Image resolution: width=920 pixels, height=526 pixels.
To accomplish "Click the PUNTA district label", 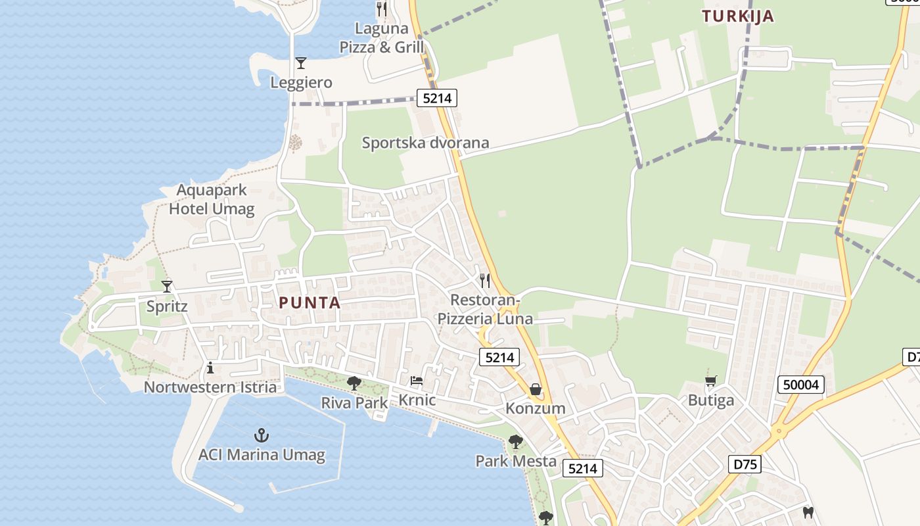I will (310, 303).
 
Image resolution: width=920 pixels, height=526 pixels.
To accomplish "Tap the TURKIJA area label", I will (738, 16).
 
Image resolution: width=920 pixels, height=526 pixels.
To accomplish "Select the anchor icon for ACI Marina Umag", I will (262, 435).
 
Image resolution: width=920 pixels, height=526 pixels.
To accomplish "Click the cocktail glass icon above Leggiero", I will (301, 63).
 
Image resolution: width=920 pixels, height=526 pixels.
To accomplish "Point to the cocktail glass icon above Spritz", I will (167, 286).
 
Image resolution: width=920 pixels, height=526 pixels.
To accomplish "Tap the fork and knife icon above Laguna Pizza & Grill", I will (381, 9).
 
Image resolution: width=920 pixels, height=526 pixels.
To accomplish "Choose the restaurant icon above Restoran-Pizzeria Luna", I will (485, 281).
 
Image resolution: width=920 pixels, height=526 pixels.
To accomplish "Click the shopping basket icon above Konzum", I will (536, 389).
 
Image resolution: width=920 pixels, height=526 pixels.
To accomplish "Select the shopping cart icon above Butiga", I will (710, 381).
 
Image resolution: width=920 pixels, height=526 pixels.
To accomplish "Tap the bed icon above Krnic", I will (417, 381).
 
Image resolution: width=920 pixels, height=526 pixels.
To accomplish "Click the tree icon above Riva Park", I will (354, 383).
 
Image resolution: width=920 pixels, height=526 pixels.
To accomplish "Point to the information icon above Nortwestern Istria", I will (210, 368).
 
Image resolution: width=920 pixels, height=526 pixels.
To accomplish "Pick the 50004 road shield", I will (801, 384).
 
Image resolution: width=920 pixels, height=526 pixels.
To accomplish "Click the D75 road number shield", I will (745, 464).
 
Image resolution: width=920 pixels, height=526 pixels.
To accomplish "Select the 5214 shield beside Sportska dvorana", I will (437, 99).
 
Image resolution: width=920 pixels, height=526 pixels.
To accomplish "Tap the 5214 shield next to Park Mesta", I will (582, 468).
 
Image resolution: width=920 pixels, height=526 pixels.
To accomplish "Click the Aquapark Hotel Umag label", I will (212, 200).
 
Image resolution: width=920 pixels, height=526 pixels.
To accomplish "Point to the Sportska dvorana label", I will (425, 143).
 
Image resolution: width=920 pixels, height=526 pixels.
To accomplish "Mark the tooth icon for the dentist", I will (808, 512).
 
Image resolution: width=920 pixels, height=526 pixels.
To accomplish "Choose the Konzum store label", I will (535, 408).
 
